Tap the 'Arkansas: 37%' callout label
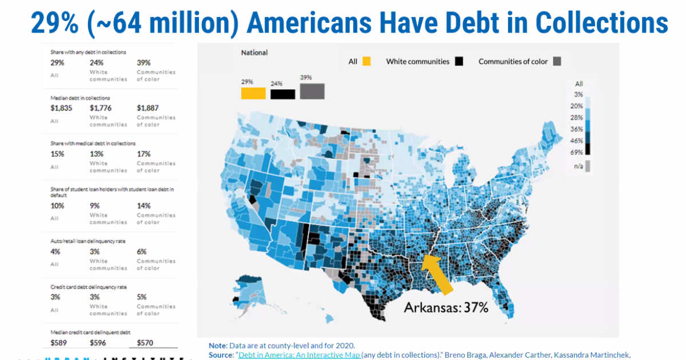(446, 307)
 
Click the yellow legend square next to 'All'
(366, 61)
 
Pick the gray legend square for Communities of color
(557, 61)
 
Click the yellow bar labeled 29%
(253, 93)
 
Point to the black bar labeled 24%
(282, 94)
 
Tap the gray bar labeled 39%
(312, 91)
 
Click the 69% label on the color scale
(576, 152)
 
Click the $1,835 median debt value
(61, 108)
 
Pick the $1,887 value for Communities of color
(148, 108)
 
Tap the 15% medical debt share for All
(57, 154)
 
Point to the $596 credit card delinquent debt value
(98, 343)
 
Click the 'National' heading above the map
(254, 53)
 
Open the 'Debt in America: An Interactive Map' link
(299, 355)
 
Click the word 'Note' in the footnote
(217, 346)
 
